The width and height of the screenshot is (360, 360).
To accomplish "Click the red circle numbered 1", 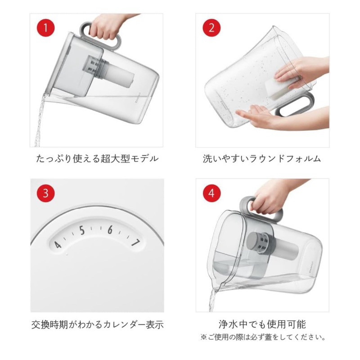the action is coord(46,28).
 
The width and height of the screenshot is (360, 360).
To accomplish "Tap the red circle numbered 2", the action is coord(211,28).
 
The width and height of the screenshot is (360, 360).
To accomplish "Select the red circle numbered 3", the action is coord(46,193).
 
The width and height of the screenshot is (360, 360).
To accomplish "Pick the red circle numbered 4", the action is coord(211,193).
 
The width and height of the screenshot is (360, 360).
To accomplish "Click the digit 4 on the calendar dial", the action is coord(58,245).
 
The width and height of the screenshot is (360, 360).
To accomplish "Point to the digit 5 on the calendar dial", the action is coord(82,230).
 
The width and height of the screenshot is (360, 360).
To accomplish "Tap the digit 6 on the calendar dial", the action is coord(110,229).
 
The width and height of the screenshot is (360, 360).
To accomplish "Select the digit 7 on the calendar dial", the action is coord(136,243).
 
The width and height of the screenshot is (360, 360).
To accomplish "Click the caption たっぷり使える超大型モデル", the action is coord(97,159).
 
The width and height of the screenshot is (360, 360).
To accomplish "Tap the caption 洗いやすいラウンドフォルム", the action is coord(262,159).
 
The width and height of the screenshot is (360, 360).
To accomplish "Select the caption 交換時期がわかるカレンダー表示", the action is coord(98,324).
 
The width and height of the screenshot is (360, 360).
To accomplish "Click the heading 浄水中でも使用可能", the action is coord(262,324).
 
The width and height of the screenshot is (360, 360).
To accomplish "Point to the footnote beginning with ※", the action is coord(263,337).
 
